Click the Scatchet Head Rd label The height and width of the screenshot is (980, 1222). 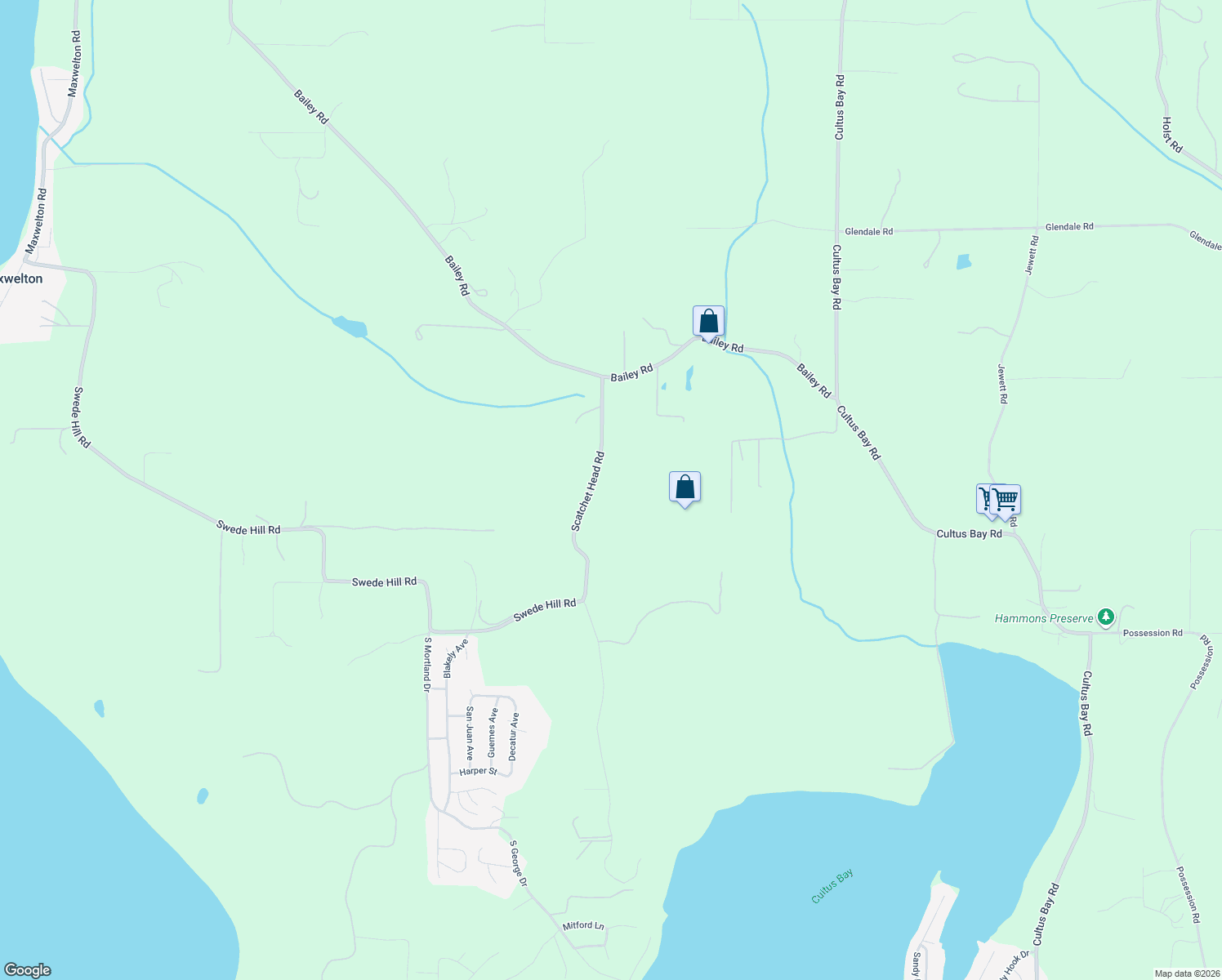click(x=587, y=492)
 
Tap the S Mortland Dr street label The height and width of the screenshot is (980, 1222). click(x=426, y=665)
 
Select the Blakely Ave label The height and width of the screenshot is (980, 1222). click(x=455, y=657)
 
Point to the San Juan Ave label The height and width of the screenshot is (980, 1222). click(x=470, y=733)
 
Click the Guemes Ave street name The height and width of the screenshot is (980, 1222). click(x=493, y=733)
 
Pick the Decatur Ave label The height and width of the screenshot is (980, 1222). click(x=514, y=737)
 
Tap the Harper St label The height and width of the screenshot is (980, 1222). click(x=478, y=771)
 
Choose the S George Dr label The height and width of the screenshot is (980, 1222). click(x=519, y=863)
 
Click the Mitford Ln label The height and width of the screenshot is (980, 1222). click(x=583, y=925)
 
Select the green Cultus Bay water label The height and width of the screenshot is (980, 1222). click(x=832, y=886)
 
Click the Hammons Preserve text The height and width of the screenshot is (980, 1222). click(x=1044, y=618)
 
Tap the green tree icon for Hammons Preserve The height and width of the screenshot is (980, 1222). click(x=1106, y=617)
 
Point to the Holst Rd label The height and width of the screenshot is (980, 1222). click(x=1172, y=134)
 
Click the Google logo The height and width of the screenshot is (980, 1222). click(x=27, y=970)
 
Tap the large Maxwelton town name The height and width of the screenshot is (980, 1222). click(x=21, y=278)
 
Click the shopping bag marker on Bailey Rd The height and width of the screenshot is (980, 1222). click(x=708, y=322)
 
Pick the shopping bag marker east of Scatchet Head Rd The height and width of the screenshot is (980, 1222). click(x=685, y=488)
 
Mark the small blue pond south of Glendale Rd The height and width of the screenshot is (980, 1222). click(x=964, y=262)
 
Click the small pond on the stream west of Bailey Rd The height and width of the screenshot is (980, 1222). click(x=350, y=327)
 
